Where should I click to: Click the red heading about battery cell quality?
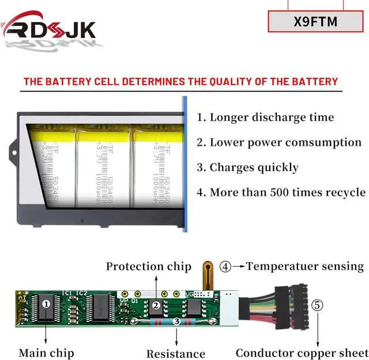pyautogui.click(x=180, y=81)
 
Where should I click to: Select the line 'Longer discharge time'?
pyautogui.click(x=265, y=118)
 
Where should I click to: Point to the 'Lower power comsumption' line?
pyautogui.click(x=279, y=142)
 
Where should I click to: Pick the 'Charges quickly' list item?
pyautogui.click(x=247, y=168)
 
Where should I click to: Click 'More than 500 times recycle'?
pyautogui.click(x=281, y=192)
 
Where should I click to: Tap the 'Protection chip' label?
pyautogui.click(x=148, y=266)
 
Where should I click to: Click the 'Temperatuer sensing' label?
pyautogui.click(x=305, y=266)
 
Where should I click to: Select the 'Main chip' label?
pyautogui.click(x=46, y=353)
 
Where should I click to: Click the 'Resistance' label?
pyautogui.click(x=175, y=354)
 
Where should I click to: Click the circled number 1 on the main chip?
pyautogui.click(x=47, y=303)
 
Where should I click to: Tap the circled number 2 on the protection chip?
pyautogui.click(x=156, y=305)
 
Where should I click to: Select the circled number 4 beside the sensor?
pyautogui.click(x=225, y=266)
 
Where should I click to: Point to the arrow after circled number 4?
pyautogui.click(x=239, y=266)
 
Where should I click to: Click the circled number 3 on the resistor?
pyautogui.click(x=176, y=323)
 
